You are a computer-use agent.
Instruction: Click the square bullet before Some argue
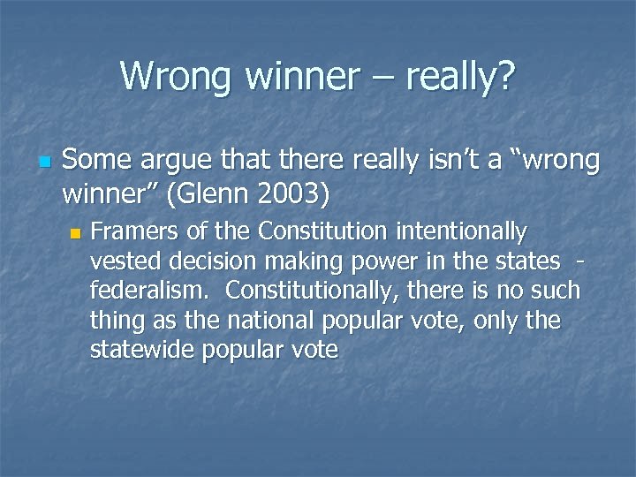pos(43,163)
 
